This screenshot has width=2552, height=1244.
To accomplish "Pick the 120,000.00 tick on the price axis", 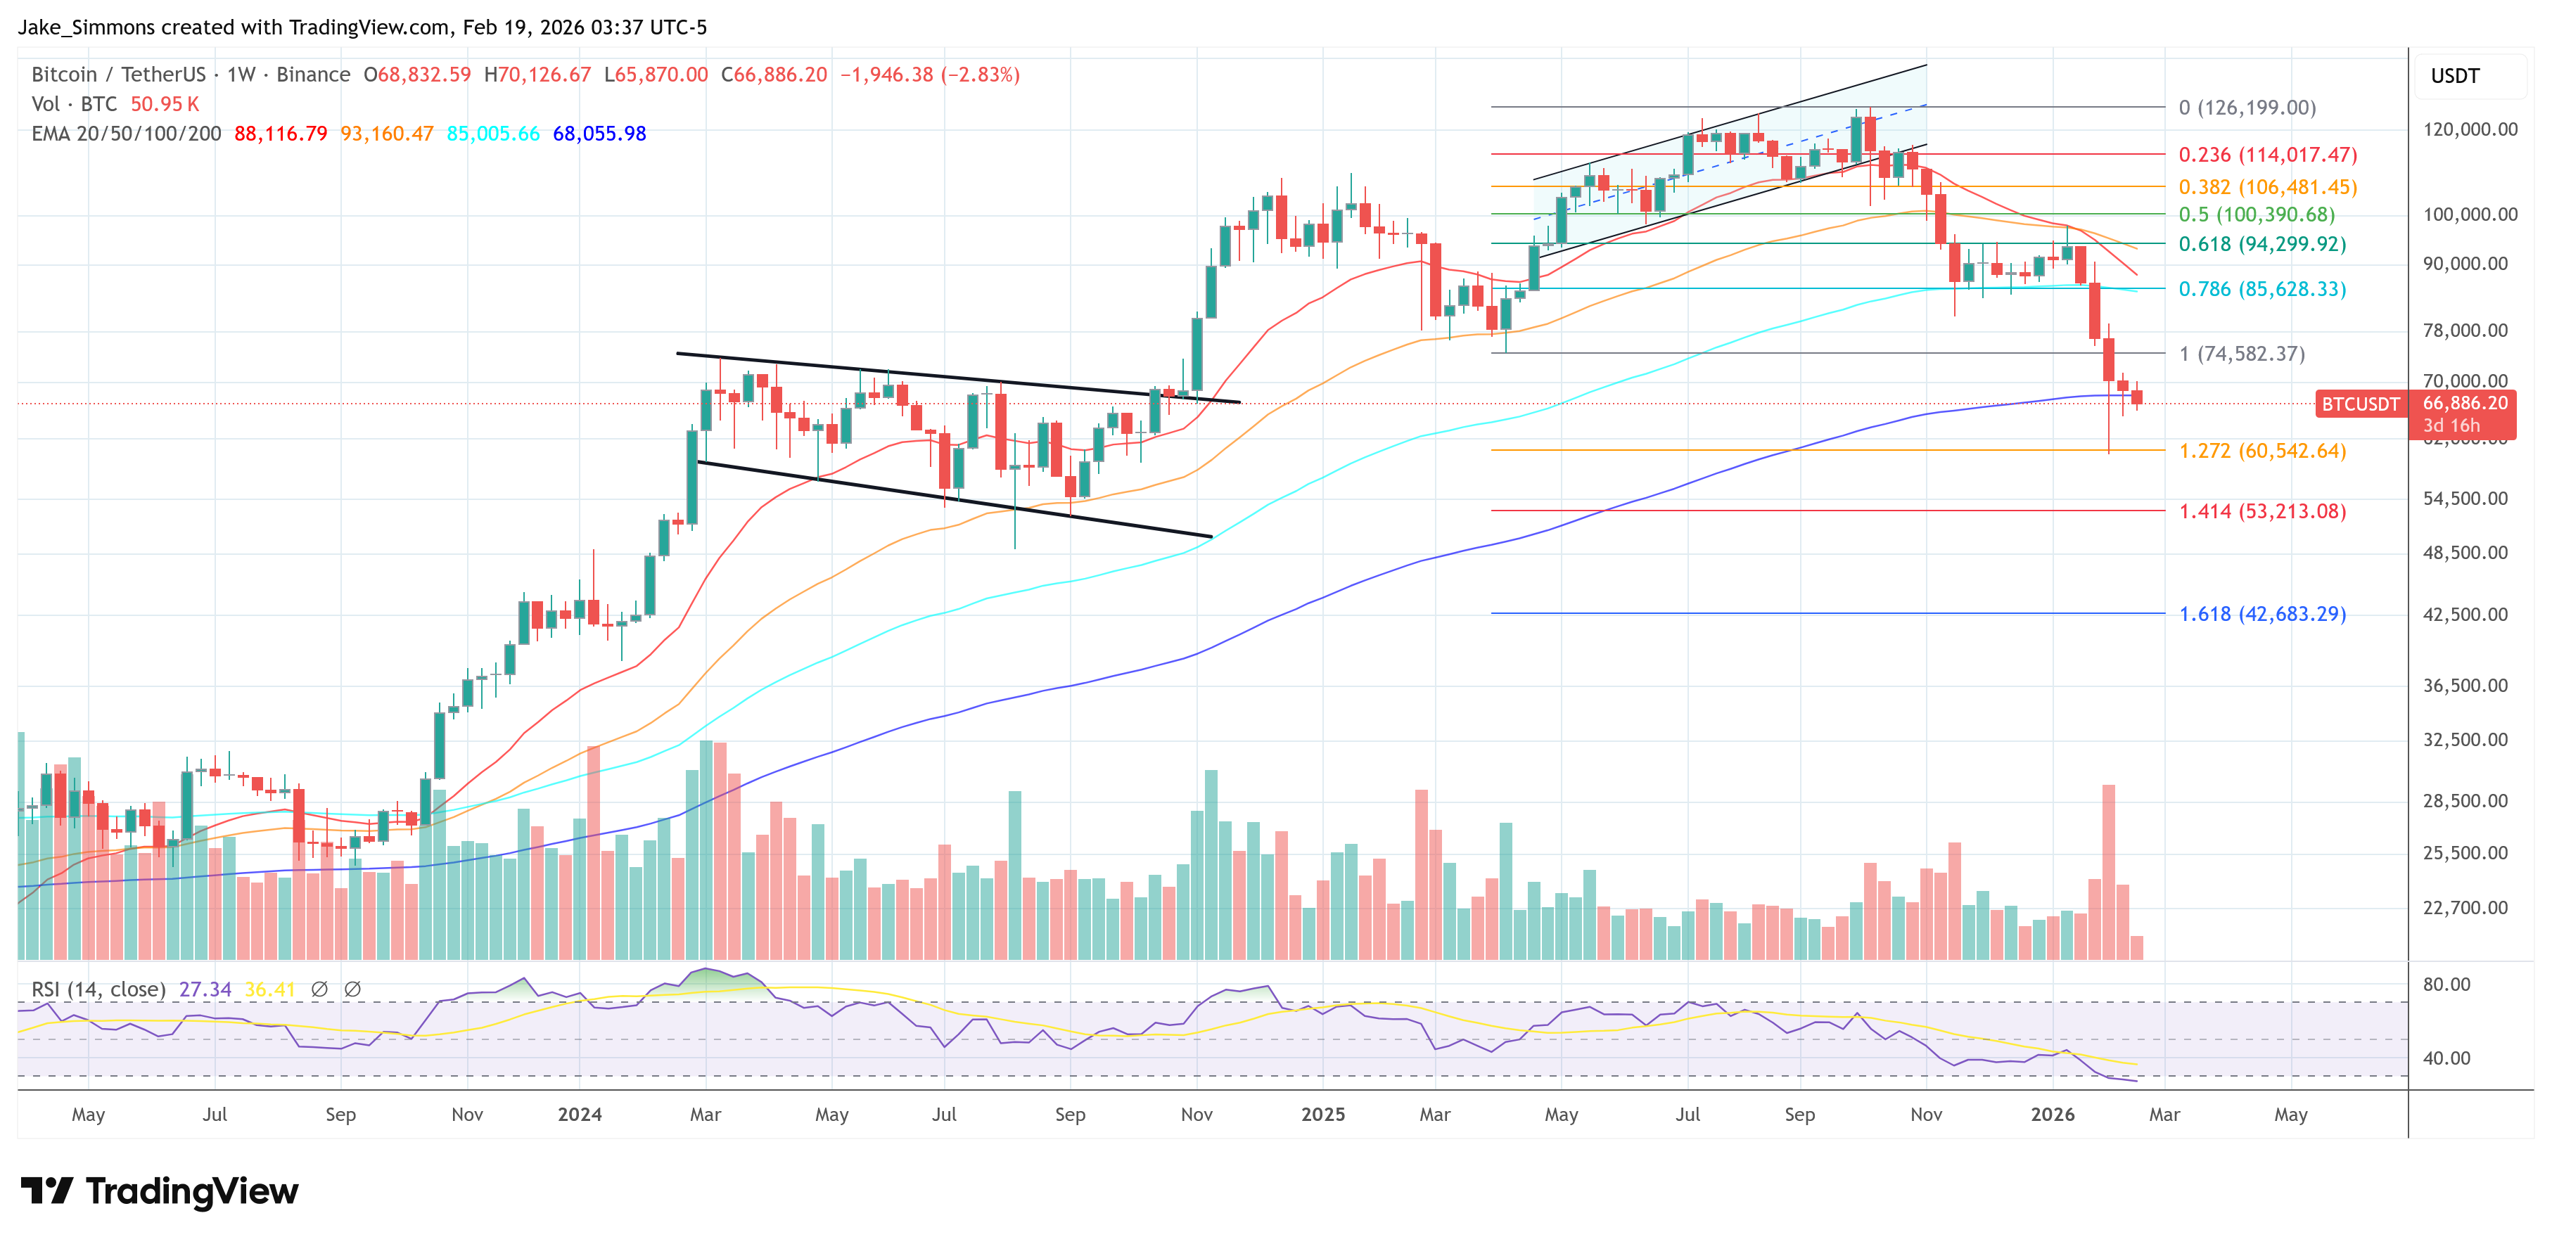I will click(x=2469, y=129).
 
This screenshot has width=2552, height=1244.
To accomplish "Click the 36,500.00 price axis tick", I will click(x=2465, y=686).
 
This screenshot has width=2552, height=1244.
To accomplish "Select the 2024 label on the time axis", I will click(x=580, y=1114).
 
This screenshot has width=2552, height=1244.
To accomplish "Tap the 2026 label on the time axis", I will click(x=2052, y=1114).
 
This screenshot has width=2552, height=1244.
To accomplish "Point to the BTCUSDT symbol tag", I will click(x=2361, y=404).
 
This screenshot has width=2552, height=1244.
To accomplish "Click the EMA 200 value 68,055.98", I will click(x=599, y=134).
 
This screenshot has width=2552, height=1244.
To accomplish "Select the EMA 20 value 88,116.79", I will click(x=281, y=134).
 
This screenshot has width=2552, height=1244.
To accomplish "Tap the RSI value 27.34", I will click(x=205, y=989).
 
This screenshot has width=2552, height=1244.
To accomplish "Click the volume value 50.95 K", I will click(x=165, y=104).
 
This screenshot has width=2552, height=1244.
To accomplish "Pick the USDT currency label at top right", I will click(x=2455, y=76).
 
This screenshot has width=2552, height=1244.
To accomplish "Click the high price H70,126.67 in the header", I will click(x=537, y=75).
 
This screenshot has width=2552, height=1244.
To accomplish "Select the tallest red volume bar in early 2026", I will click(x=2108, y=871).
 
